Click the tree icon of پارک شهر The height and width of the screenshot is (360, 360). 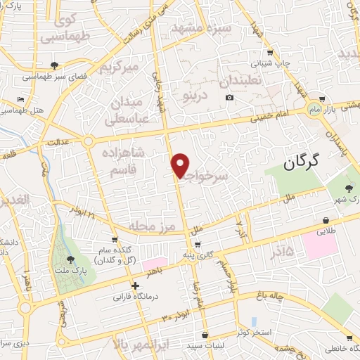pyautogui.click(x=349, y=188)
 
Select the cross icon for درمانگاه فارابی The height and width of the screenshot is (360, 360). pyautogui.click(x=136, y=286)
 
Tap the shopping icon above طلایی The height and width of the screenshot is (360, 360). pyautogui.click(x=326, y=219)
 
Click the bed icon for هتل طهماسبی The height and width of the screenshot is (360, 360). pyautogui.click(x=20, y=99)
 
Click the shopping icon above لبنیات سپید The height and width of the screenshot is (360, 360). pyautogui.click(x=204, y=335)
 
